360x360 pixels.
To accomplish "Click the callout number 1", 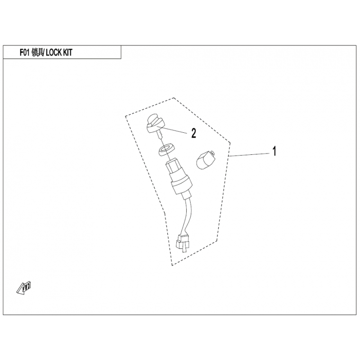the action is [x=274, y=151].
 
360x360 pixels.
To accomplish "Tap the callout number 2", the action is [x=194, y=133].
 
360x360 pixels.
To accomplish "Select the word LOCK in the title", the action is [x=54, y=53].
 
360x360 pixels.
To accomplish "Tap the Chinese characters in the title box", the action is [x=37, y=53].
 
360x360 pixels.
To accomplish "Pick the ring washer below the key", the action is [x=166, y=150].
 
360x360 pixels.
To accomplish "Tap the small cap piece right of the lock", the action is [x=205, y=160].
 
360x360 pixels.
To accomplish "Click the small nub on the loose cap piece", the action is [x=212, y=153].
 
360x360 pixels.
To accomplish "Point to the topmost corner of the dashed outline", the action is [x=174, y=98].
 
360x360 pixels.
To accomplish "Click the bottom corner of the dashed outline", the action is [x=172, y=265].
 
